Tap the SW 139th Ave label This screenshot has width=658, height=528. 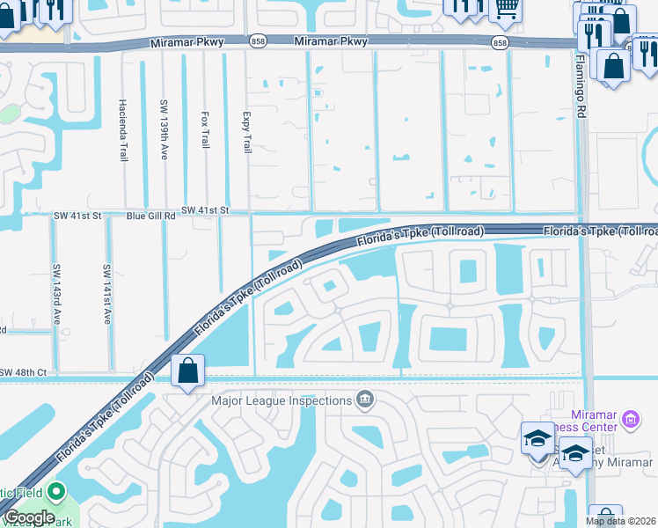click(164, 128)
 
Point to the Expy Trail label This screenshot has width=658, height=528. click(246, 132)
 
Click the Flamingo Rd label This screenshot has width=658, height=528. click(581, 86)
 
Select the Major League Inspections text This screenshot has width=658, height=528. click(281, 401)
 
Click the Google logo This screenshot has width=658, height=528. click(29, 517)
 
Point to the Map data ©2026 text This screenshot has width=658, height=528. click(621, 521)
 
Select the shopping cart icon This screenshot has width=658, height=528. click(505, 9)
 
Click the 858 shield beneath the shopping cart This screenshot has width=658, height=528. click(501, 42)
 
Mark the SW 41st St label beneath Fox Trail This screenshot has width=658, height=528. click(205, 210)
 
